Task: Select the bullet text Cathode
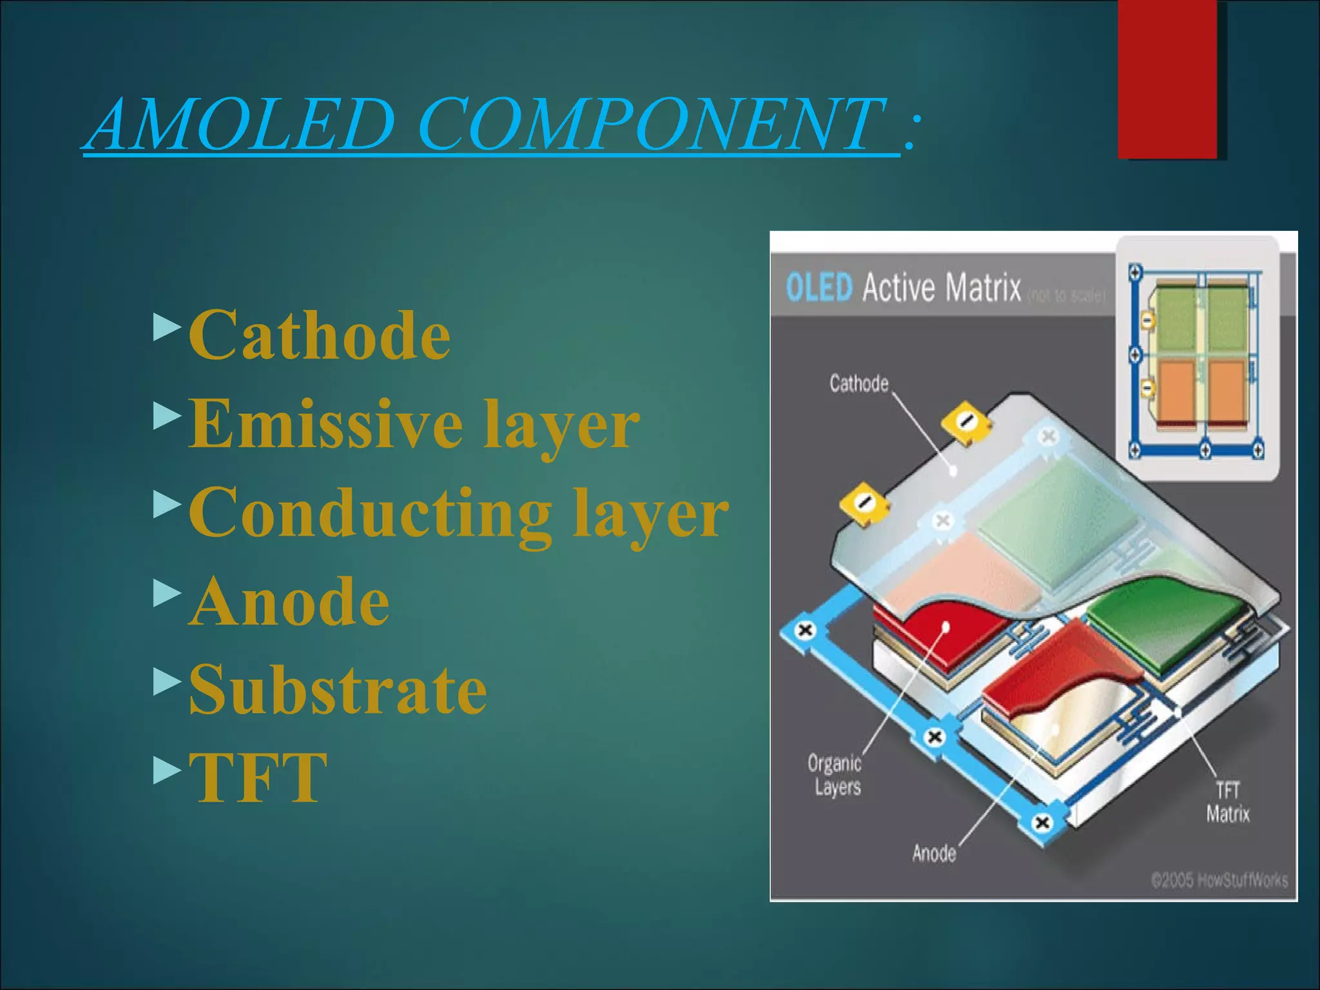tap(320, 335)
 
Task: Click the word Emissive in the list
tap(325, 423)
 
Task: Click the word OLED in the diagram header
tap(819, 287)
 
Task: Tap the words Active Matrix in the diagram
tap(942, 287)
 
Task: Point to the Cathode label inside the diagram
tap(859, 383)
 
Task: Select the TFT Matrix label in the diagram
tap(1227, 802)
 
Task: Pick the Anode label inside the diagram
tap(934, 853)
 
